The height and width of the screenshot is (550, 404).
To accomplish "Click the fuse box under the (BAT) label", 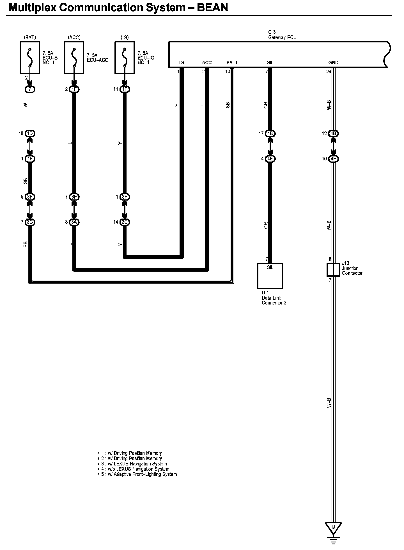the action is (x=30, y=57).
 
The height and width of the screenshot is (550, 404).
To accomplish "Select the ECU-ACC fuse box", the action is (x=74, y=57).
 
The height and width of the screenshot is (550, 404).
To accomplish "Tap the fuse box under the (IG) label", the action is (x=125, y=57).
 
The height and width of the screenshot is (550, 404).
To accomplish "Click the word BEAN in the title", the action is (x=212, y=8).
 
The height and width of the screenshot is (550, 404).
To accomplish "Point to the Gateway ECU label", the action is (x=282, y=37).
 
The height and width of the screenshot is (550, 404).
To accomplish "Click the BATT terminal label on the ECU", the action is (x=232, y=63).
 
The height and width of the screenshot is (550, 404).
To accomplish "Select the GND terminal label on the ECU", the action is (x=333, y=63).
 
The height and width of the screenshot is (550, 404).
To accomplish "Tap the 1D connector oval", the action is (x=30, y=133).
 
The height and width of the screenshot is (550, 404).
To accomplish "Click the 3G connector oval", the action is (x=30, y=222).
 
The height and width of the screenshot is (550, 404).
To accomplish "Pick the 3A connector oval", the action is (x=74, y=222).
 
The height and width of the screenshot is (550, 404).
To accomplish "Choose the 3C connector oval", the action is (x=125, y=222).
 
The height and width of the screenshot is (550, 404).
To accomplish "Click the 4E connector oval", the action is (x=270, y=159).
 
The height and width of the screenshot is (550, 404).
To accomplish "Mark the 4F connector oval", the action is (x=333, y=159).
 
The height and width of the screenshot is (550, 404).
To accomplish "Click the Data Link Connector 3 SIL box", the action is (x=270, y=276).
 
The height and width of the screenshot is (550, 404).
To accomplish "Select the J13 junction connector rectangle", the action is (x=333, y=270).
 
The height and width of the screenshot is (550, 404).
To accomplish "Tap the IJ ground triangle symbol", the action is (x=333, y=528).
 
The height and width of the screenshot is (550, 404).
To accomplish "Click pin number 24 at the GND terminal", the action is (x=329, y=71).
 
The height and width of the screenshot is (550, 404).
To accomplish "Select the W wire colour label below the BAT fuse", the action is (x=26, y=105).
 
